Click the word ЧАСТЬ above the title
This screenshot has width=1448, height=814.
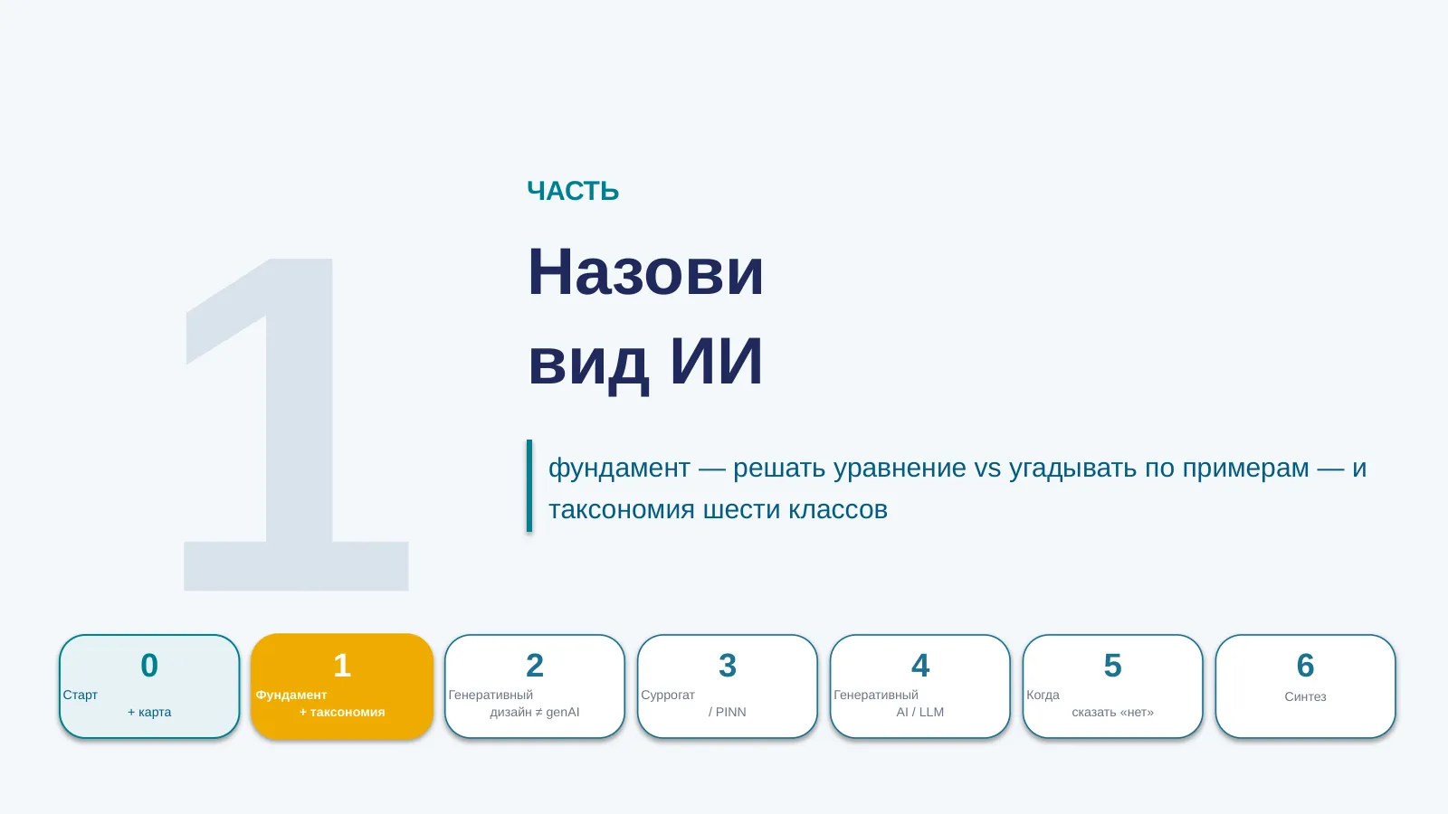(x=573, y=191)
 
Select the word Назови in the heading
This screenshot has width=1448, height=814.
(x=646, y=272)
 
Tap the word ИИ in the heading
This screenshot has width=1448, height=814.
(x=716, y=361)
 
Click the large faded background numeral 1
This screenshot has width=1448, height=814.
(x=296, y=424)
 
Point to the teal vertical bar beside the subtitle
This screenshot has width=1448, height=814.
(x=529, y=486)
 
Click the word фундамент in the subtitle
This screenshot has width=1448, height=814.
(x=619, y=468)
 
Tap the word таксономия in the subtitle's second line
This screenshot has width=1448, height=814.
(x=621, y=510)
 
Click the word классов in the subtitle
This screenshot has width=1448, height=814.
(x=838, y=510)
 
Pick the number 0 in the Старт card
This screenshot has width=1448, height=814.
(x=149, y=666)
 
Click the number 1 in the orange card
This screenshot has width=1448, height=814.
(x=342, y=666)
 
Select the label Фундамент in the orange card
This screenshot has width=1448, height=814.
(x=291, y=696)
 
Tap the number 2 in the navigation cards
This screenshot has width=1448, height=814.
(x=535, y=666)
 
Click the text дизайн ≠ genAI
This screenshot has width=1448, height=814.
(x=535, y=712)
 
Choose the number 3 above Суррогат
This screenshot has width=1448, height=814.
(x=728, y=666)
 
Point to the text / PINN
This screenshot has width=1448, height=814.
(x=728, y=712)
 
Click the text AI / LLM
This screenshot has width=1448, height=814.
(x=919, y=712)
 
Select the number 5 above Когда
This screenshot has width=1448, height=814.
(x=1112, y=666)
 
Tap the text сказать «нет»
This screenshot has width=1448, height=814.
(x=1112, y=712)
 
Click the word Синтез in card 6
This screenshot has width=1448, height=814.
(x=1305, y=696)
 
